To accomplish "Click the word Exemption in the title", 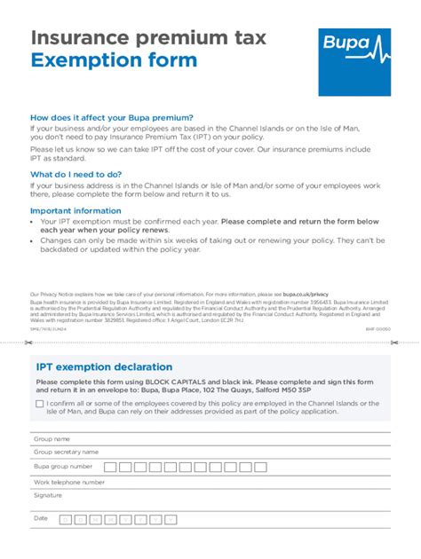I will [85, 60].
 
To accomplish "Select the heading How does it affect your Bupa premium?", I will [112, 118].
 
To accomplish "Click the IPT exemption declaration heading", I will [104, 366].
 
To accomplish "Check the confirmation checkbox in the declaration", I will [40, 404].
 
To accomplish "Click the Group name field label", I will [52, 439].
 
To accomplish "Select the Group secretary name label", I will [66, 452].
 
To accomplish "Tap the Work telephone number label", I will [69, 482].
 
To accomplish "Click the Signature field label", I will [48, 495].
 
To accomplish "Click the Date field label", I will [41, 518].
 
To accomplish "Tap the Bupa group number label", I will [63, 467].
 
